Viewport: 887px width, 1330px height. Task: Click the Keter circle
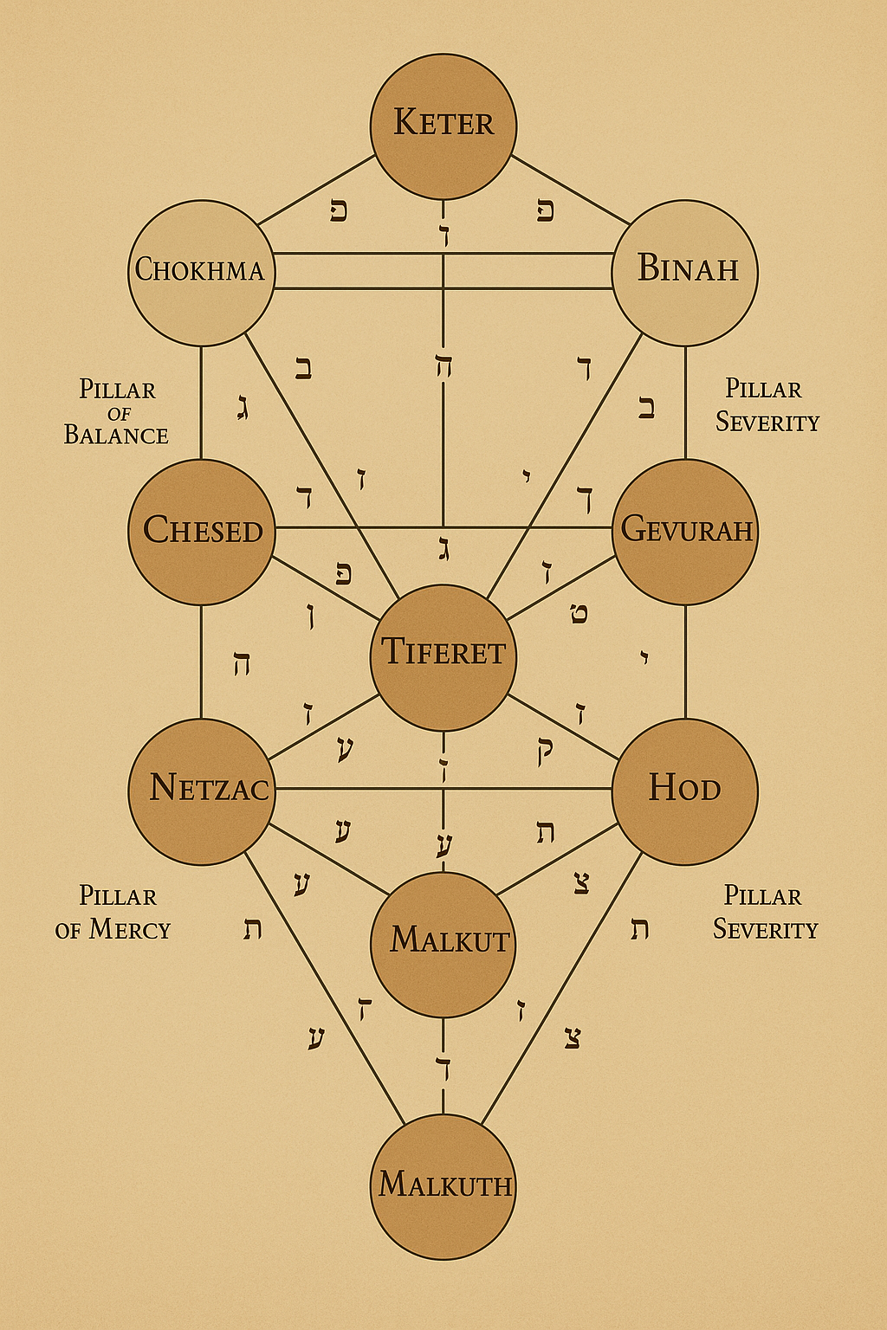(443, 126)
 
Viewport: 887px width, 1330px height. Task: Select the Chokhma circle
(201, 272)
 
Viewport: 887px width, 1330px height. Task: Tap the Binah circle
(685, 272)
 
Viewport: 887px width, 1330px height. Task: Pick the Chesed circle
(201, 531)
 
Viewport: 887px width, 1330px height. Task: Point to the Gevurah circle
(685, 531)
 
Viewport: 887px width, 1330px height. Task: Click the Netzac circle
(201, 791)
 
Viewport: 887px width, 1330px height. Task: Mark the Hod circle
(685, 791)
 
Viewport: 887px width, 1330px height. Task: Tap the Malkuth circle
(443, 1186)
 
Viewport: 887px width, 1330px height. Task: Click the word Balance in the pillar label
(116, 435)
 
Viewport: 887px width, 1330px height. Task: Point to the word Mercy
(130, 930)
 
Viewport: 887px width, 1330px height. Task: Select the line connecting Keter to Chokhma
(316, 190)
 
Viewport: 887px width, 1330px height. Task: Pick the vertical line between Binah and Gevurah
(685, 403)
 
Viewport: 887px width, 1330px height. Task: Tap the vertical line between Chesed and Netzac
(201, 662)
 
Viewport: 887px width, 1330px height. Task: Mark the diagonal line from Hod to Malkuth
(561, 987)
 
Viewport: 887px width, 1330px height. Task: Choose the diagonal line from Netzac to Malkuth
(325, 987)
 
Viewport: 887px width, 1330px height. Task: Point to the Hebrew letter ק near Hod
(545, 750)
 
